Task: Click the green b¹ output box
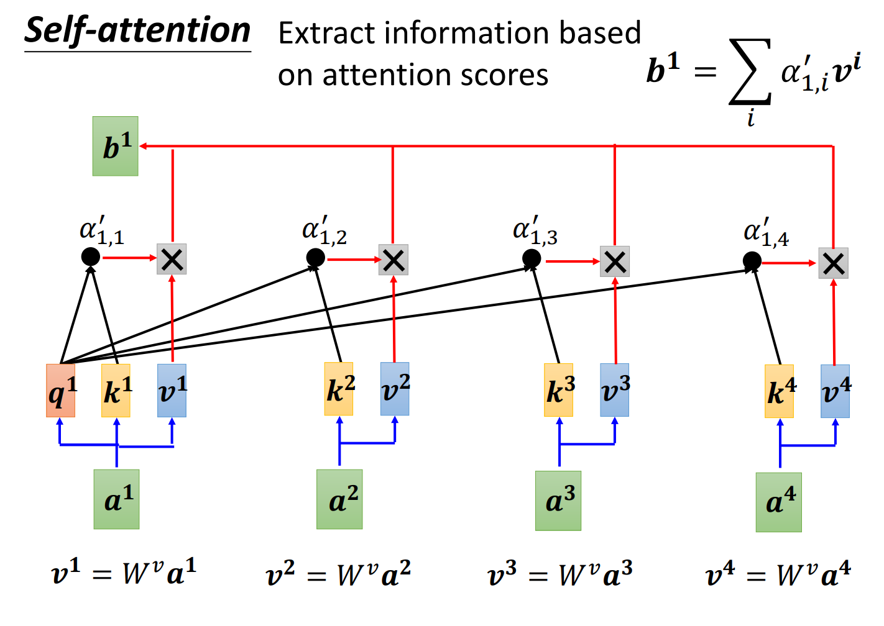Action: coord(115,146)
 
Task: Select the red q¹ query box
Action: coord(60,390)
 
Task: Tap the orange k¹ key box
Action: coord(116,390)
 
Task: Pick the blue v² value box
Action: coord(395,389)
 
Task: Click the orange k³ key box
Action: coord(558,390)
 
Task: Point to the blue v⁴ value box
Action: coord(835,391)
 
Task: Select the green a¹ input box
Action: coord(116,499)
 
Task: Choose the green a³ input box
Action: coord(558,501)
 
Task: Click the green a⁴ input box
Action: coord(779,502)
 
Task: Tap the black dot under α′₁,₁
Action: coord(90,257)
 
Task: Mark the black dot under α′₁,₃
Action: coord(532,258)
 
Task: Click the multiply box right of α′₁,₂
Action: coord(394,260)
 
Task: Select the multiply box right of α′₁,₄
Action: coord(834,263)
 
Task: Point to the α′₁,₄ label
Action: coord(767,232)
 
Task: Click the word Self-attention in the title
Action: coord(137,31)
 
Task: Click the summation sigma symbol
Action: coord(750,72)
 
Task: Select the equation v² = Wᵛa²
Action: coord(339,573)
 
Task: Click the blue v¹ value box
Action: coord(172,390)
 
